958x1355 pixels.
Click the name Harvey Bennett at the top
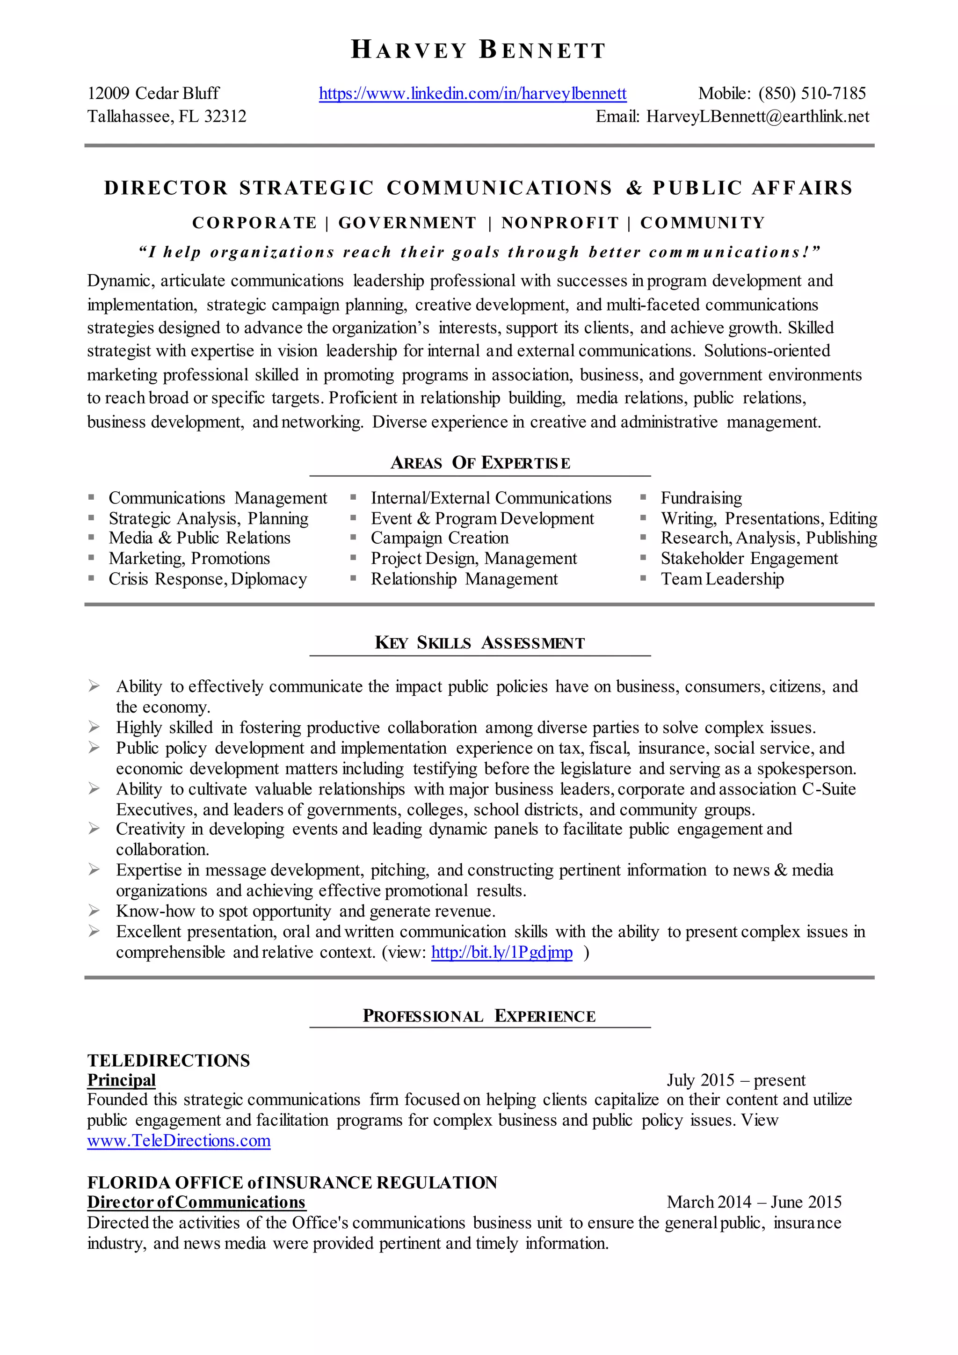[x=479, y=50]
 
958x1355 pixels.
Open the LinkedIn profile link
[x=472, y=93]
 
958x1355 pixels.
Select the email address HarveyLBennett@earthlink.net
[x=757, y=116]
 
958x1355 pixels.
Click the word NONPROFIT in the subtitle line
[x=560, y=223]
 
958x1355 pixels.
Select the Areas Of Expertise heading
[x=480, y=463]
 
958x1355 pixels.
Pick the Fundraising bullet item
[x=701, y=498]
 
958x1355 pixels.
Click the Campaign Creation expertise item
[x=440, y=538]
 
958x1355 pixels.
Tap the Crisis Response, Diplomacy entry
[x=208, y=579]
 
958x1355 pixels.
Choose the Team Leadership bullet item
[x=722, y=579]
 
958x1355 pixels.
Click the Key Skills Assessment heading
[x=479, y=643]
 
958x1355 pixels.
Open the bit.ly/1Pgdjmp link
[x=501, y=952]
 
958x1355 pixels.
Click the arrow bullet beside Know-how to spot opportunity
[x=94, y=911]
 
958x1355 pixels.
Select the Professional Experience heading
[x=479, y=1016]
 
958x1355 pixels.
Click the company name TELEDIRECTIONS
[x=169, y=1061]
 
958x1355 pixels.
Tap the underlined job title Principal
[x=122, y=1080]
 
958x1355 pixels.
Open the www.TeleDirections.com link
[x=179, y=1141]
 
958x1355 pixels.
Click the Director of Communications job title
[x=196, y=1202]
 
